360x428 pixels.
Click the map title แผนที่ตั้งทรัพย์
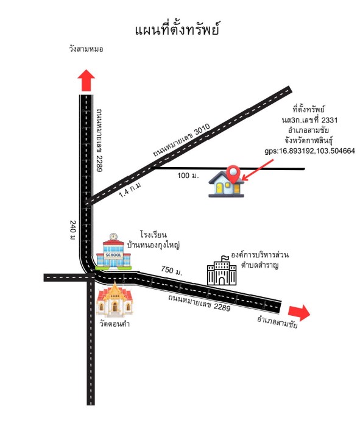[x=177, y=29]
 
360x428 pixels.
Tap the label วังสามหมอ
[x=86, y=49]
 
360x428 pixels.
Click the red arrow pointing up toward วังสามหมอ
[x=86, y=80]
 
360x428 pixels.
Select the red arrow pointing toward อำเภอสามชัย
[x=299, y=313]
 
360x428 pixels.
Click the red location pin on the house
[x=234, y=174]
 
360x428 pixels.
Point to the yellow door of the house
[x=219, y=188]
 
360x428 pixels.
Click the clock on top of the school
[x=113, y=237]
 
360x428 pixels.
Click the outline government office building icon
[x=222, y=271]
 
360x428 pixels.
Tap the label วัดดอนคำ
[x=115, y=324]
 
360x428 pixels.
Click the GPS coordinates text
[x=309, y=151]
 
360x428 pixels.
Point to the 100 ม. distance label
[x=188, y=176]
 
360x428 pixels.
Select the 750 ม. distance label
[x=171, y=271]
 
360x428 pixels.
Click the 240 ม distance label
[x=72, y=230]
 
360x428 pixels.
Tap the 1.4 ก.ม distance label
[x=130, y=190]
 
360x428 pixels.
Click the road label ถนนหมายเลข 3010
[x=182, y=140]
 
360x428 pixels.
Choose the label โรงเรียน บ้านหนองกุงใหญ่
[x=154, y=240]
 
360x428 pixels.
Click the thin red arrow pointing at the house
[x=258, y=169]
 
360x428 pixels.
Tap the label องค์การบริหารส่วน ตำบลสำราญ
[x=259, y=260]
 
